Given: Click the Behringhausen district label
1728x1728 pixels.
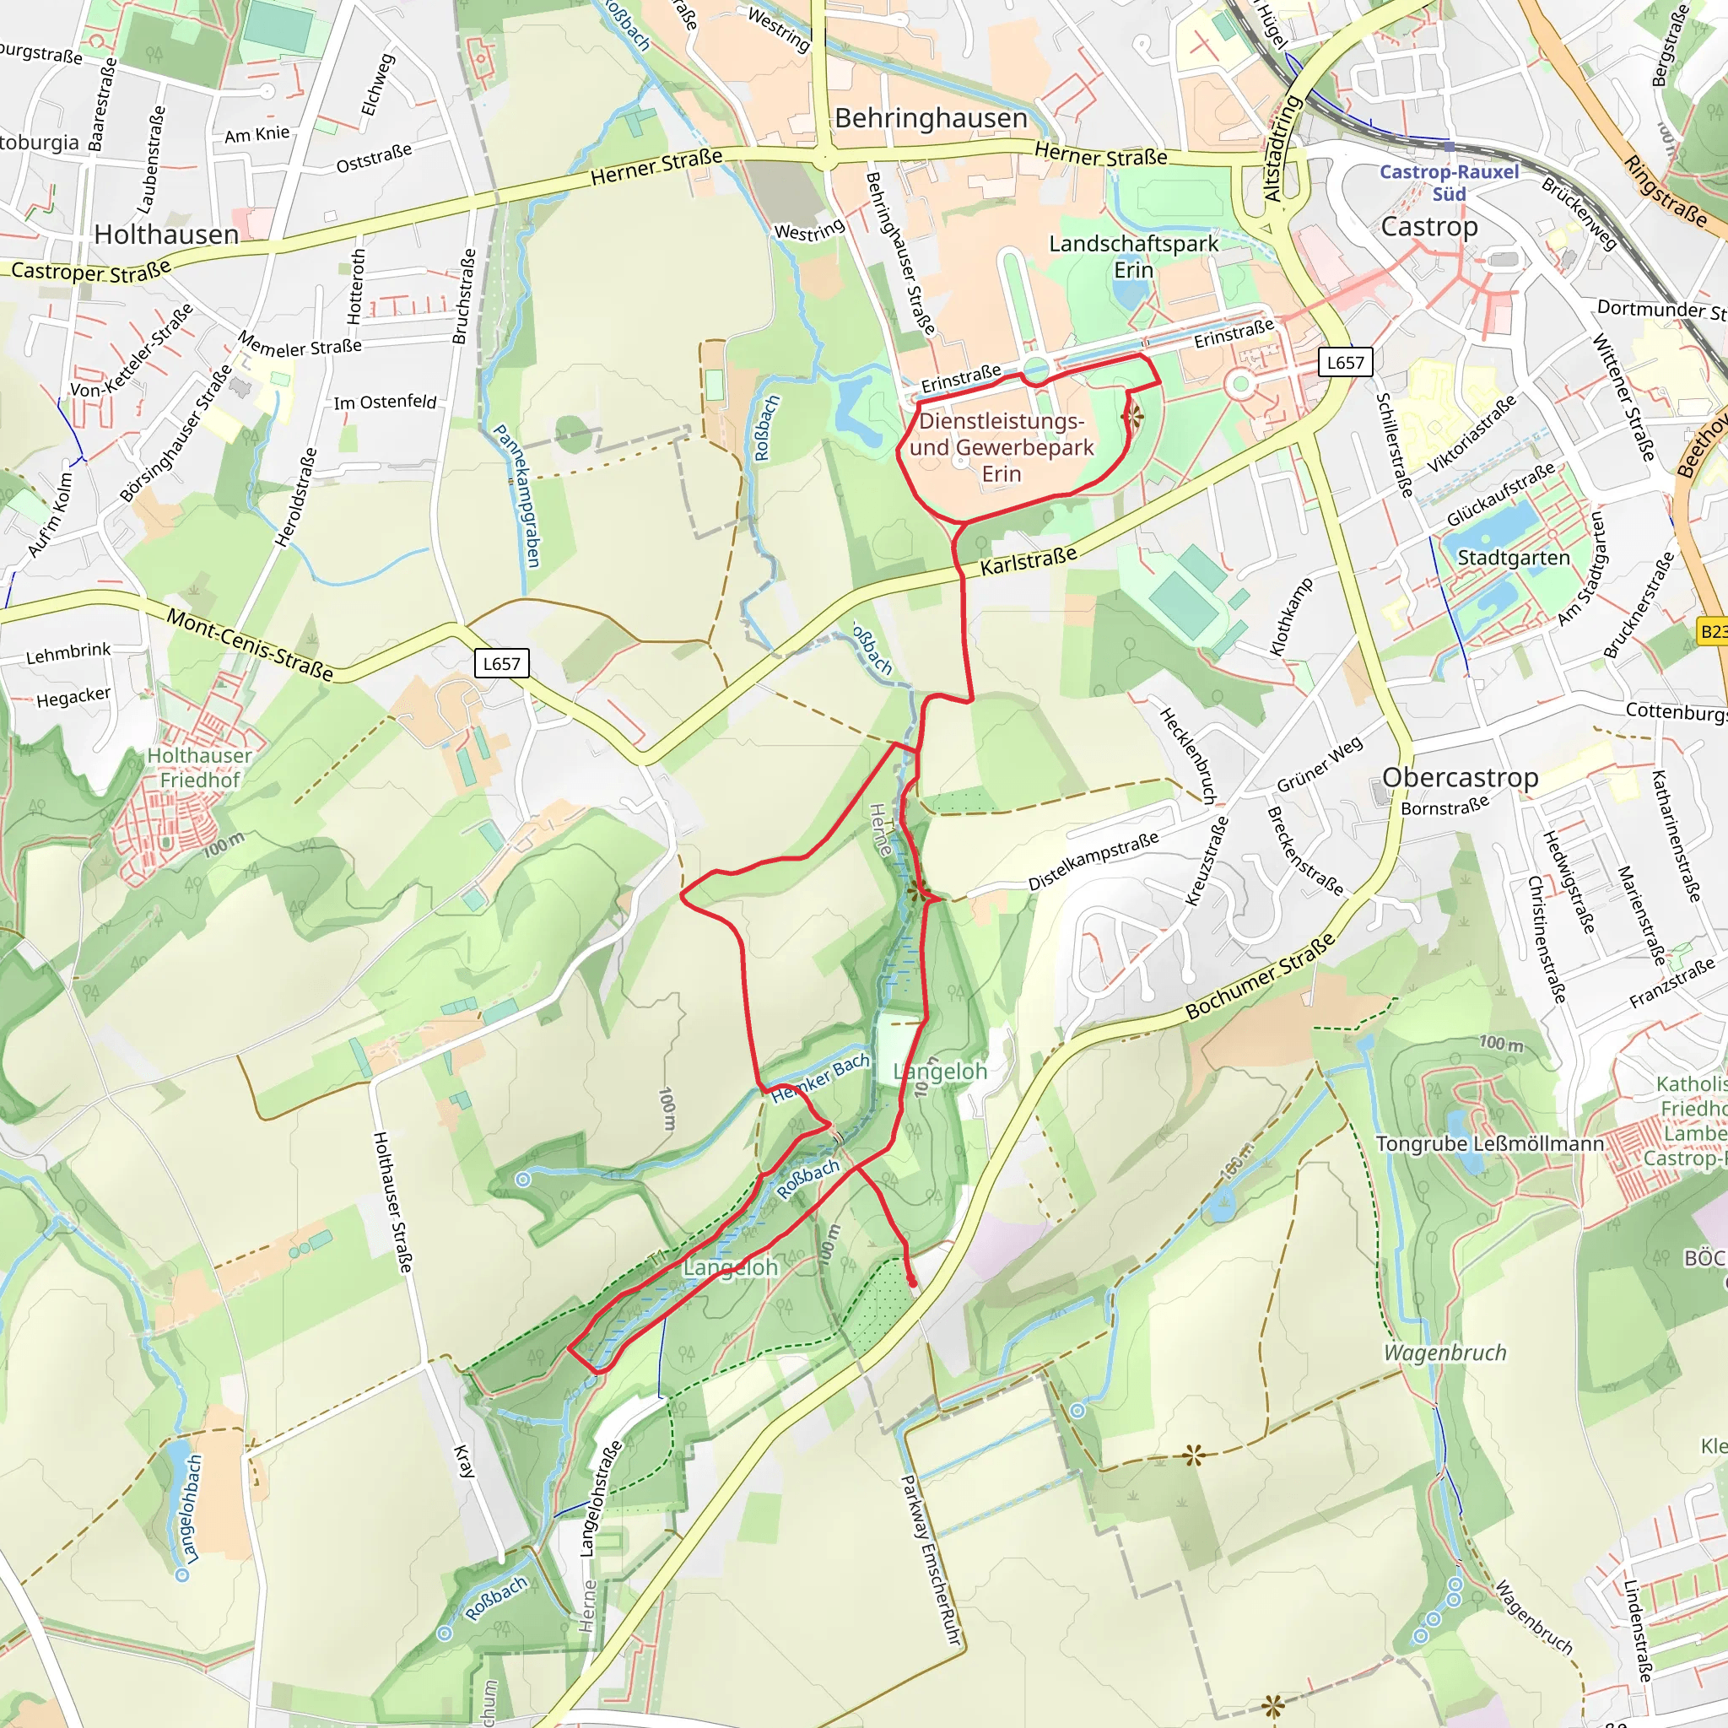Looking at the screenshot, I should [x=931, y=118].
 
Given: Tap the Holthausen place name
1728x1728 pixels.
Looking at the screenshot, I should [x=166, y=235].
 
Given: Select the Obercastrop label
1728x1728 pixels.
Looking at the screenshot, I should [x=1460, y=777].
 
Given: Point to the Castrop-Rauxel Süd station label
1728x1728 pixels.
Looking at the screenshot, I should [x=1449, y=182].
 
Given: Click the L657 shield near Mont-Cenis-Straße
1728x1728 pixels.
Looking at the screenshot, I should [x=501, y=664].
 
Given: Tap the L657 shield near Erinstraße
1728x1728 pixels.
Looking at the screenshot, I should [x=1345, y=362].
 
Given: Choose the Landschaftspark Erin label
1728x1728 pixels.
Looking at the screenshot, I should [x=1133, y=256].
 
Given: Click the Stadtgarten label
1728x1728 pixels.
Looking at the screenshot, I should [x=1514, y=557].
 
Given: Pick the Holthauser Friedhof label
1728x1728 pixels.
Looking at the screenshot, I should [x=199, y=768].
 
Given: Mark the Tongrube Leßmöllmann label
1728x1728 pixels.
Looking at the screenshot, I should [x=1490, y=1144].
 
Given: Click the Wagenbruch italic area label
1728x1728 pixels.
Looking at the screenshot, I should [x=1444, y=1353].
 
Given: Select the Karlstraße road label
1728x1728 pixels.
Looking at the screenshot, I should [x=1029, y=562].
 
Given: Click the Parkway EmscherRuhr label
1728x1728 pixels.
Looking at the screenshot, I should [x=930, y=1561].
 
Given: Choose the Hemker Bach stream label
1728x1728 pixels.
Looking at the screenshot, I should [x=820, y=1077].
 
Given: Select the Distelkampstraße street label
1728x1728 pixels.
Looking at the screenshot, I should [x=1093, y=861].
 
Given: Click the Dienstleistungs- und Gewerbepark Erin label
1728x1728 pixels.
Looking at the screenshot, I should [x=1002, y=447].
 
